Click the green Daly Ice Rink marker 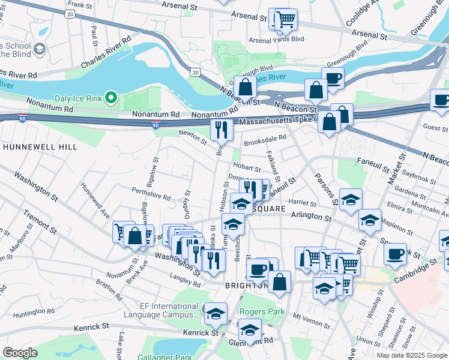[x=110, y=97]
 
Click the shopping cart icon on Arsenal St [x=285, y=19]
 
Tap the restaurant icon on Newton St [x=221, y=128]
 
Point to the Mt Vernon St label [x=312, y=316]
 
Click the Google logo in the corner [x=20, y=353]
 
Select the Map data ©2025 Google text [x=411, y=355]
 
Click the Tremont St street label [x=41, y=222]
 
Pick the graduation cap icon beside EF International [x=215, y=313]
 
